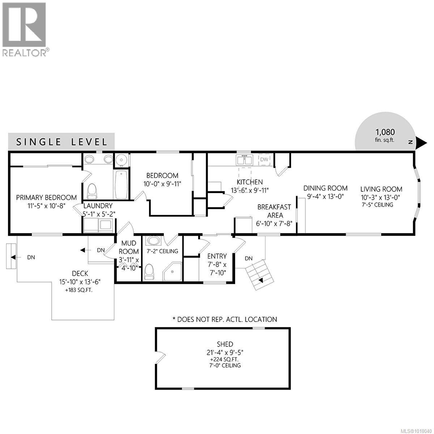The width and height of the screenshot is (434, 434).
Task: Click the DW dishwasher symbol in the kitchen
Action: (265, 159)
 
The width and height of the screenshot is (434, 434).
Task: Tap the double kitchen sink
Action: (244, 160)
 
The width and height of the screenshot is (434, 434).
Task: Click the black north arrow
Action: (421, 142)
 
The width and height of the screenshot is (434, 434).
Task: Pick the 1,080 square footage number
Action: (385, 132)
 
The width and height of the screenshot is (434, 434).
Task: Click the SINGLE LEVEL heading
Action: (61, 142)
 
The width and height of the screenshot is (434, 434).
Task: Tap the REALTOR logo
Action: (24, 29)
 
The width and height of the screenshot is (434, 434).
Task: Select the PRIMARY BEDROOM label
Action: (46, 197)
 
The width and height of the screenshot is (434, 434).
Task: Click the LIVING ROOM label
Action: (381, 189)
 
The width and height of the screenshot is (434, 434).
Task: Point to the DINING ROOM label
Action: (325, 188)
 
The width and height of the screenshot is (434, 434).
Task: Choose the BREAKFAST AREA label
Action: (274, 211)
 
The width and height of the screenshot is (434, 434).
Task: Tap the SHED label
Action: (225, 344)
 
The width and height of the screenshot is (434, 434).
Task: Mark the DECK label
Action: (80, 273)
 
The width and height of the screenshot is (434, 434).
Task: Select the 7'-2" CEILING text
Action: (162, 251)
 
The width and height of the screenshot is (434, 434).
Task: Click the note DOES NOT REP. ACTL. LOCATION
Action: (225, 319)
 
